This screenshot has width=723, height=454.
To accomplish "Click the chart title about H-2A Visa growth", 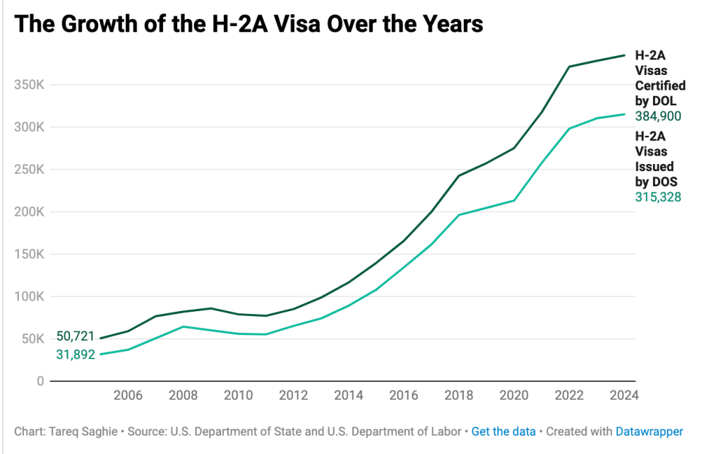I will pyautogui.click(x=249, y=23).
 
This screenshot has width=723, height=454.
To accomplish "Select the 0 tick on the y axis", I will pyautogui.click(x=40, y=381).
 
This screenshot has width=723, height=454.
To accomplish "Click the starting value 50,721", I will pyautogui.click(x=76, y=336).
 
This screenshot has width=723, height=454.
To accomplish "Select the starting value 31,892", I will pyautogui.click(x=76, y=354).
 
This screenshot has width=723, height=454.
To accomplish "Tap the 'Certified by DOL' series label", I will pyautogui.click(x=660, y=78).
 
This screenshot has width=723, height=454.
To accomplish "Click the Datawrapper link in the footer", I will pyautogui.click(x=649, y=431).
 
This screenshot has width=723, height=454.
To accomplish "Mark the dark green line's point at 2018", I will pyautogui.click(x=459, y=175).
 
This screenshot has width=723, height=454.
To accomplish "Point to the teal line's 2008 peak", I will pyautogui.click(x=184, y=327).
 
